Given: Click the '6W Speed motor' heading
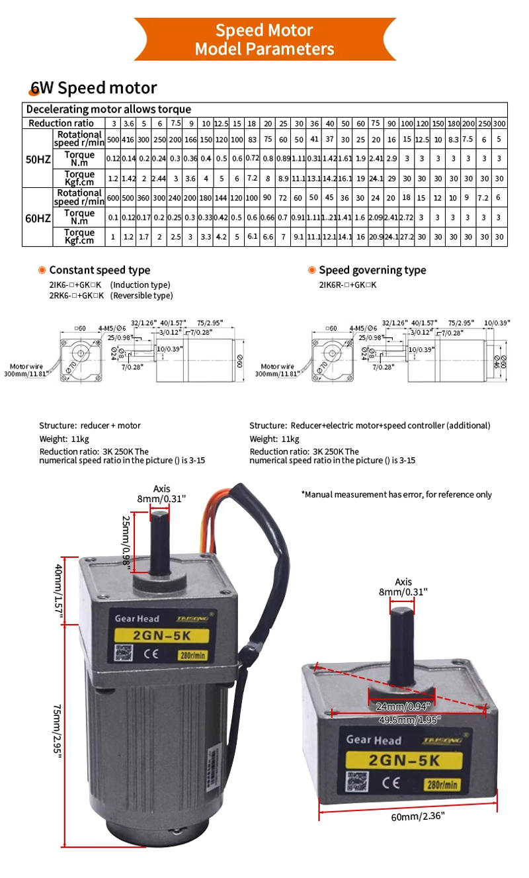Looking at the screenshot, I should (93, 88).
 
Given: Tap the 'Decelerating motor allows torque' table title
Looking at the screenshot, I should (108, 109).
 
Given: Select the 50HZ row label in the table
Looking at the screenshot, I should (37, 159).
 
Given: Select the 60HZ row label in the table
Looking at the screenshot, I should (37, 217).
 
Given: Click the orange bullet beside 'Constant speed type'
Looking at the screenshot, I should (42, 270).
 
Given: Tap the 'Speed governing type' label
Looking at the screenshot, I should (372, 270).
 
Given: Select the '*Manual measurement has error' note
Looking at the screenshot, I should (396, 494).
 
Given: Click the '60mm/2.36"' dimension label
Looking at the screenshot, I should (418, 816).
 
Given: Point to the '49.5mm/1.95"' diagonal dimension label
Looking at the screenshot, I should (410, 719).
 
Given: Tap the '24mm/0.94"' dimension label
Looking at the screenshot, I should (401, 706).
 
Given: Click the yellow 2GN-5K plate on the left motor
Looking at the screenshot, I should (162, 637).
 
